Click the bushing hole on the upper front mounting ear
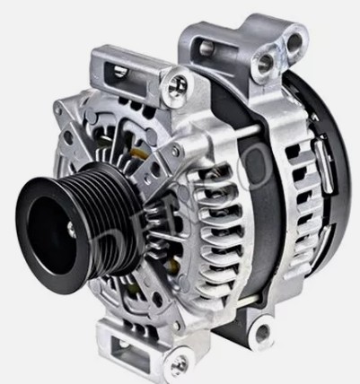click(x=179, y=84)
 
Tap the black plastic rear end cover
click(x=320, y=179)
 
